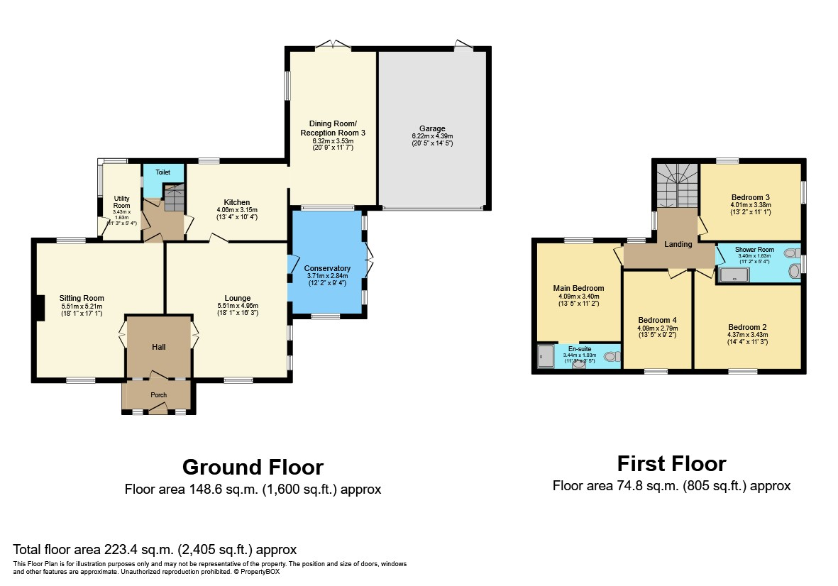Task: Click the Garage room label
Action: point(432,128)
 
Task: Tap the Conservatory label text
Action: point(327,268)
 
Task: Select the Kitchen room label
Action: point(236,202)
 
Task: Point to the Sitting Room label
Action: point(82,298)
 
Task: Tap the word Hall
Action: point(158,347)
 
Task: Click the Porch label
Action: point(158,395)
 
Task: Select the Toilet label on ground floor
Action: point(162,172)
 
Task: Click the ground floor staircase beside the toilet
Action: point(173,194)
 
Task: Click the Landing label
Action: point(678,244)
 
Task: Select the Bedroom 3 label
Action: point(750,197)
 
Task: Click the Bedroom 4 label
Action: point(657,320)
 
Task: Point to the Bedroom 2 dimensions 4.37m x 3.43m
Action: point(746,335)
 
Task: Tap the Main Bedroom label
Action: point(578,288)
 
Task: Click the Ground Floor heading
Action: point(253,467)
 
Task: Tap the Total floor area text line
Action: point(155,549)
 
